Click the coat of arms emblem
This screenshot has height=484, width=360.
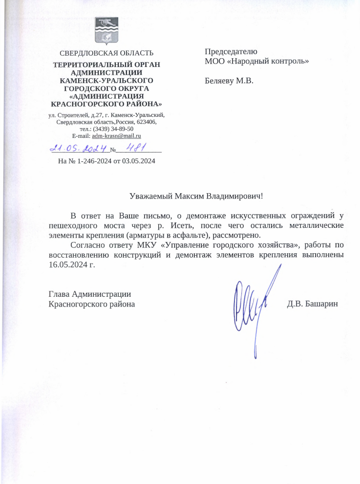coord(107,30)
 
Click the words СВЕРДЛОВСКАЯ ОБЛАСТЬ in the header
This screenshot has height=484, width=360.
coord(106,53)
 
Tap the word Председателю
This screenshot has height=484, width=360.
coord(231,51)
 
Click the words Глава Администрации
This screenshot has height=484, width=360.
coord(90,294)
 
